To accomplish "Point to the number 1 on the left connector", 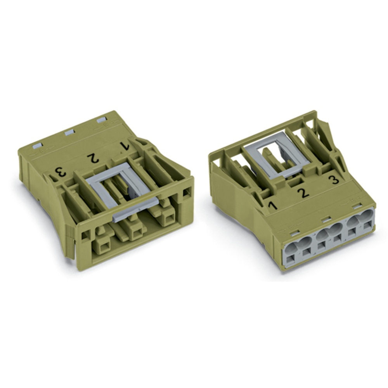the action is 125,146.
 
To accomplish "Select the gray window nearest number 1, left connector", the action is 101,121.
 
